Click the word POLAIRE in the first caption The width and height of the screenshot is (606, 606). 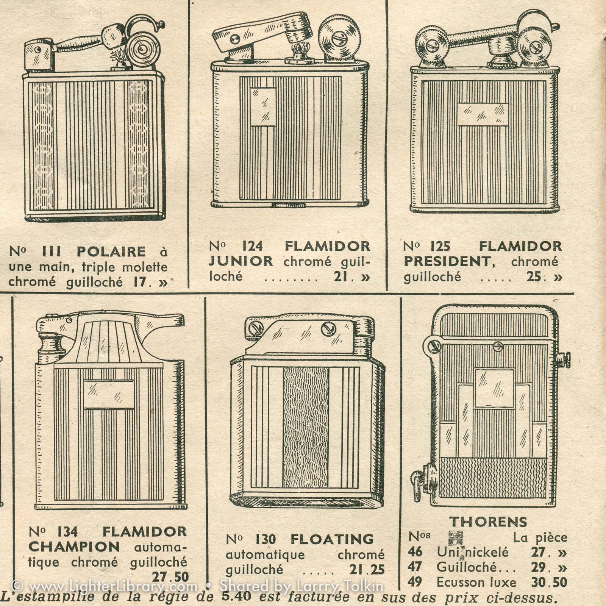point(111,251)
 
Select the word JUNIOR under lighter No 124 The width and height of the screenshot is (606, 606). point(241,261)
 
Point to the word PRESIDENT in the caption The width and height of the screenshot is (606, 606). point(451,262)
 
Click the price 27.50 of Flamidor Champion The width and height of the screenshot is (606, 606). point(170,577)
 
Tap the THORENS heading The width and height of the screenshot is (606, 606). point(489,522)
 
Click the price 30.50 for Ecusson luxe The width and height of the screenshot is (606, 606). point(549,582)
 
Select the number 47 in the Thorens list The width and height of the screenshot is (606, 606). point(415,567)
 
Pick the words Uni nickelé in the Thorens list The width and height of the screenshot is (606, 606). point(472,552)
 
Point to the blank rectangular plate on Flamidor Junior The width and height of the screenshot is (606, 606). point(263,106)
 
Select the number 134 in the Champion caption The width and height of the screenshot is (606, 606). point(68,532)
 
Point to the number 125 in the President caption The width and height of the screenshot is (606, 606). point(440,247)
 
